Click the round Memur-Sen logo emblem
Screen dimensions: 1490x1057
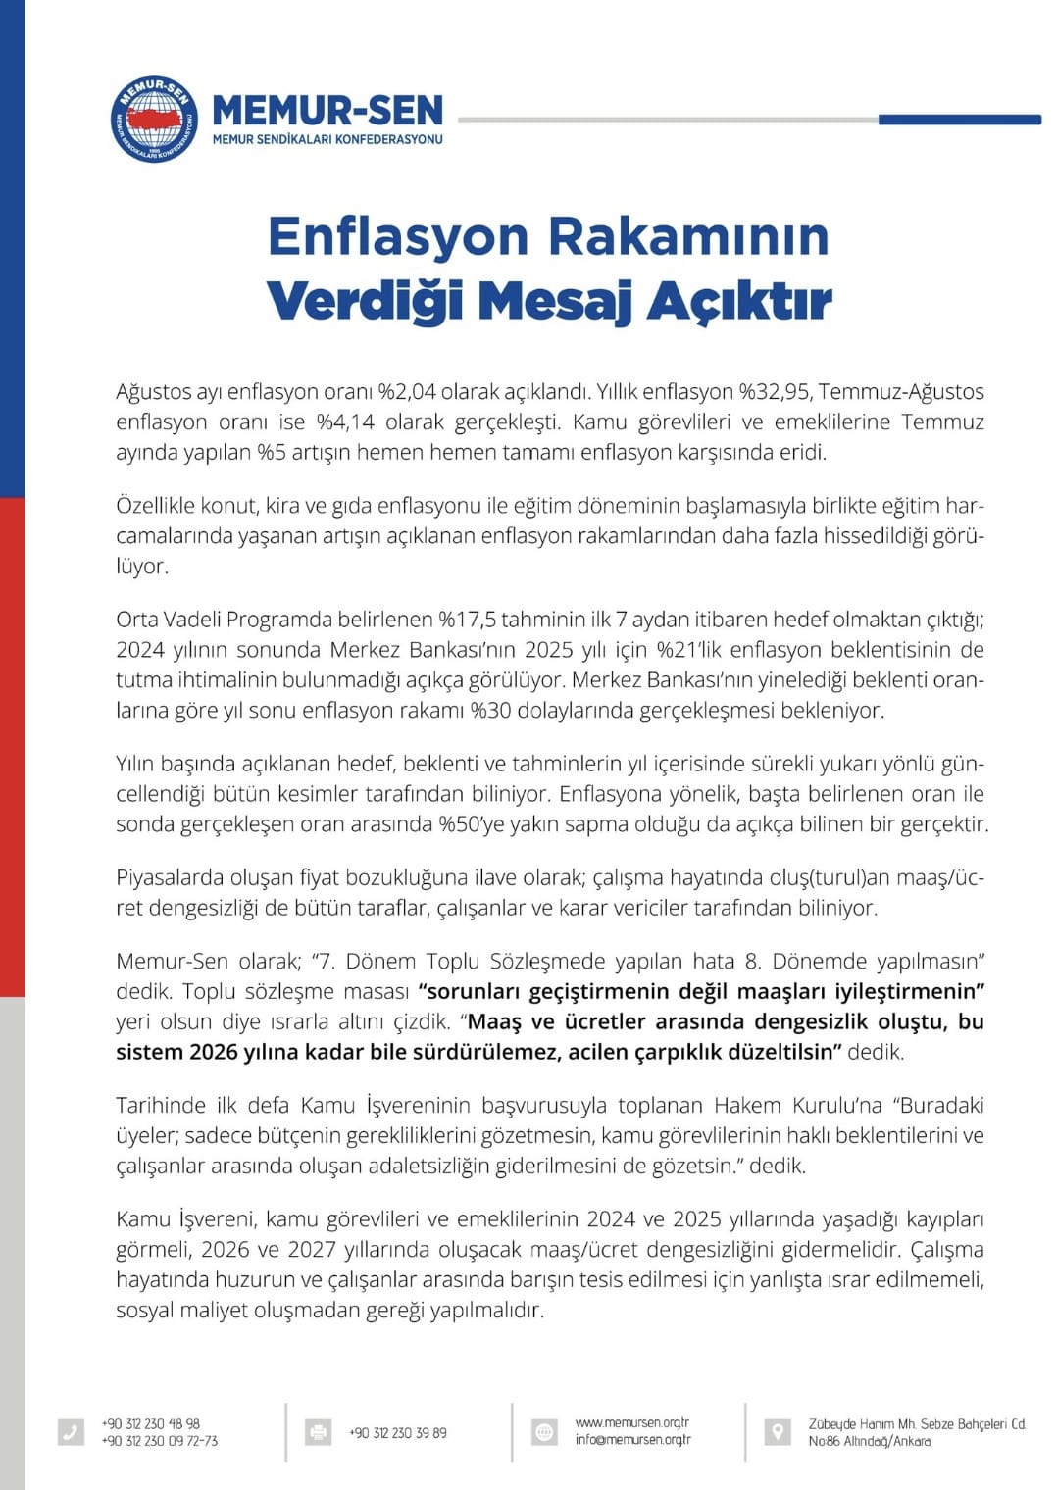point(154,119)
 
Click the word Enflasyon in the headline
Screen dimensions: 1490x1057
point(398,236)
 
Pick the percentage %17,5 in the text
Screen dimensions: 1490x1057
point(467,620)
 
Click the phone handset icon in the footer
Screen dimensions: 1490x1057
point(71,1432)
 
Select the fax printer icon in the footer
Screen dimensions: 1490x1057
point(318,1432)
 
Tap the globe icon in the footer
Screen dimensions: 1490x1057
point(544,1432)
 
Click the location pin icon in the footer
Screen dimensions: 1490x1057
point(777,1432)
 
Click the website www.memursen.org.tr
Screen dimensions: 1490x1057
point(632,1422)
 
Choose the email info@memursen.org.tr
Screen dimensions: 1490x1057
point(633,1440)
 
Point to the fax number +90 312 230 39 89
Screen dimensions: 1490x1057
point(398,1433)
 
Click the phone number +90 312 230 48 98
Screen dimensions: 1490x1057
point(151,1423)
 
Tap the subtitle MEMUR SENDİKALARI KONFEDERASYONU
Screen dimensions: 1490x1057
point(327,139)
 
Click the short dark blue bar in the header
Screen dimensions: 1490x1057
point(959,120)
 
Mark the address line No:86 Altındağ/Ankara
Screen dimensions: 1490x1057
point(870,1441)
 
